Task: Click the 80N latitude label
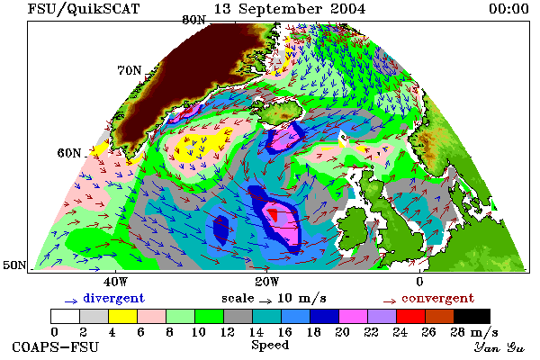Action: [193, 20]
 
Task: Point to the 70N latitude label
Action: [130, 70]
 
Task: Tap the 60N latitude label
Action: [69, 153]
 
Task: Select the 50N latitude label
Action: [14, 265]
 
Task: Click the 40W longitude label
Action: [116, 282]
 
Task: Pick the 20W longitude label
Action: [267, 282]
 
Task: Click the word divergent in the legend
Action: [114, 298]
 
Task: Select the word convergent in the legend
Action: [437, 298]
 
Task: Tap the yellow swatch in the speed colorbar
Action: [122, 316]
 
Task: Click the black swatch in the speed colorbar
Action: [472, 316]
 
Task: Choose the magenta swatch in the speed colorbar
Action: [353, 316]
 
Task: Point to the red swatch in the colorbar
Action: [410, 316]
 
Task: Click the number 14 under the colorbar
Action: [256, 332]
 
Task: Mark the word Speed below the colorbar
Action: [270, 346]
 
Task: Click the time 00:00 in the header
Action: [508, 9]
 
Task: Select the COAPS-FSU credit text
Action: [55, 346]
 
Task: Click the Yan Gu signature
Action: [499, 347]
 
